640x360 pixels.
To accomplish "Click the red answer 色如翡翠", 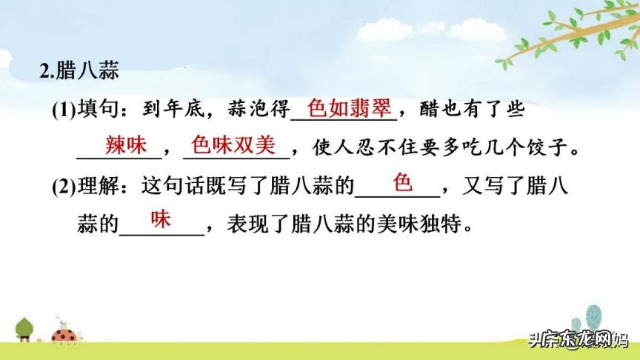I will (x=348, y=109).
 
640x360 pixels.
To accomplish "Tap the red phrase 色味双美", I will (x=233, y=144).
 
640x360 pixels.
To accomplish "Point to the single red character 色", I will (x=401, y=182).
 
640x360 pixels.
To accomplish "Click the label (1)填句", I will (x=80, y=110).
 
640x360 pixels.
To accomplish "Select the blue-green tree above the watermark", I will (x=592, y=319).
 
